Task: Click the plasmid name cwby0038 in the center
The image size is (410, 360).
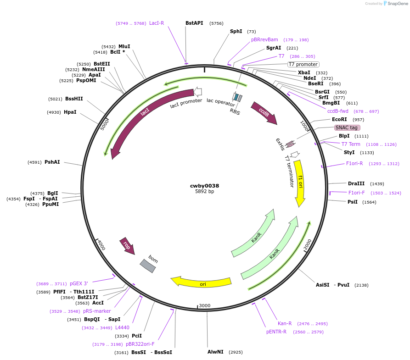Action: tap(204, 186)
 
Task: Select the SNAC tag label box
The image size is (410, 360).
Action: tap(347, 127)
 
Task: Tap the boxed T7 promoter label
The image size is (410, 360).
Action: tap(303, 65)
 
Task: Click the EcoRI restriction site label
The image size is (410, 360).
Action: tap(339, 120)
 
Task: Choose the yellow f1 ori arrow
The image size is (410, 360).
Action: tap(300, 183)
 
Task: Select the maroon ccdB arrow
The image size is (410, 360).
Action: tap(264, 112)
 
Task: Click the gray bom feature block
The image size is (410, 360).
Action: tap(148, 266)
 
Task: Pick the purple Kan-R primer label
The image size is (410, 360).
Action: tap(285, 324)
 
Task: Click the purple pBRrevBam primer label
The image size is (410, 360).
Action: tap(264, 40)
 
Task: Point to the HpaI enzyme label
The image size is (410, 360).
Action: tap(70, 112)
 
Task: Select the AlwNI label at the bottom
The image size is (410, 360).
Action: tap(215, 352)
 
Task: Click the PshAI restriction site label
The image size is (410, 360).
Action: tap(52, 162)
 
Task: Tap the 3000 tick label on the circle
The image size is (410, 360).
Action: tap(204, 305)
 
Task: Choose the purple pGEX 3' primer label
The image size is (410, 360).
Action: tap(79, 284)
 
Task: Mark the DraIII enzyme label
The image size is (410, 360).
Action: tap(356, 183)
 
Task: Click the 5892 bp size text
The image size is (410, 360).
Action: tap(204, 192)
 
